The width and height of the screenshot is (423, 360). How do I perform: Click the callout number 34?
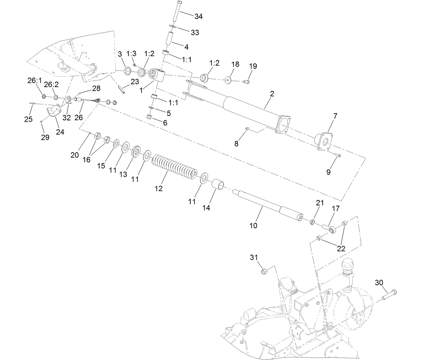[199, 16]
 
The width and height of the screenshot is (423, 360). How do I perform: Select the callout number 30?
[379, 283]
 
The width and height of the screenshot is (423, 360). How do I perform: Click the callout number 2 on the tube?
[272, 94]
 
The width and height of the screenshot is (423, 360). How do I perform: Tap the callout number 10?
[253, 226]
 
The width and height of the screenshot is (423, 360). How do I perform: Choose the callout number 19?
[253, 66]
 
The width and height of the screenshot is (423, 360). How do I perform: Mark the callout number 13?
[124, 174]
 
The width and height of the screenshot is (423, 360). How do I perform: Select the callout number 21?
[319, 203]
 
